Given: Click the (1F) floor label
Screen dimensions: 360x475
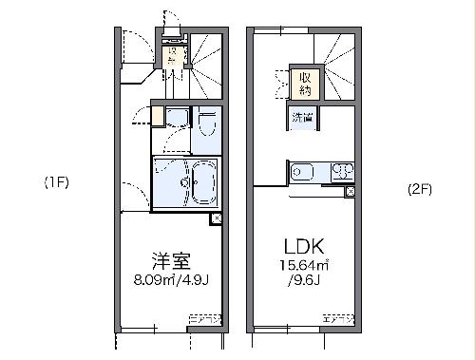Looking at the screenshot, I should [54, 181].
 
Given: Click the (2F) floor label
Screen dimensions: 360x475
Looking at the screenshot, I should [419, 188].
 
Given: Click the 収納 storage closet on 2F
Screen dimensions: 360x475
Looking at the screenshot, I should [305, 84].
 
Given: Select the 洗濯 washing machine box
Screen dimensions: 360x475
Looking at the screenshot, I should [303, 119].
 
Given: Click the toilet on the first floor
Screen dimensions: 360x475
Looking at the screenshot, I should [208, 126].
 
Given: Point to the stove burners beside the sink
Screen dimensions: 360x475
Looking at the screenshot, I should [341, 173].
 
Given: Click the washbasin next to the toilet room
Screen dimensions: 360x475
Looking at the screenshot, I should [176, 119].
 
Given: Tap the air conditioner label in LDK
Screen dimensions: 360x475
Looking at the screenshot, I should [338, 316].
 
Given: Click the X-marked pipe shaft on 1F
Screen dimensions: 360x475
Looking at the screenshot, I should [217, 218].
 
